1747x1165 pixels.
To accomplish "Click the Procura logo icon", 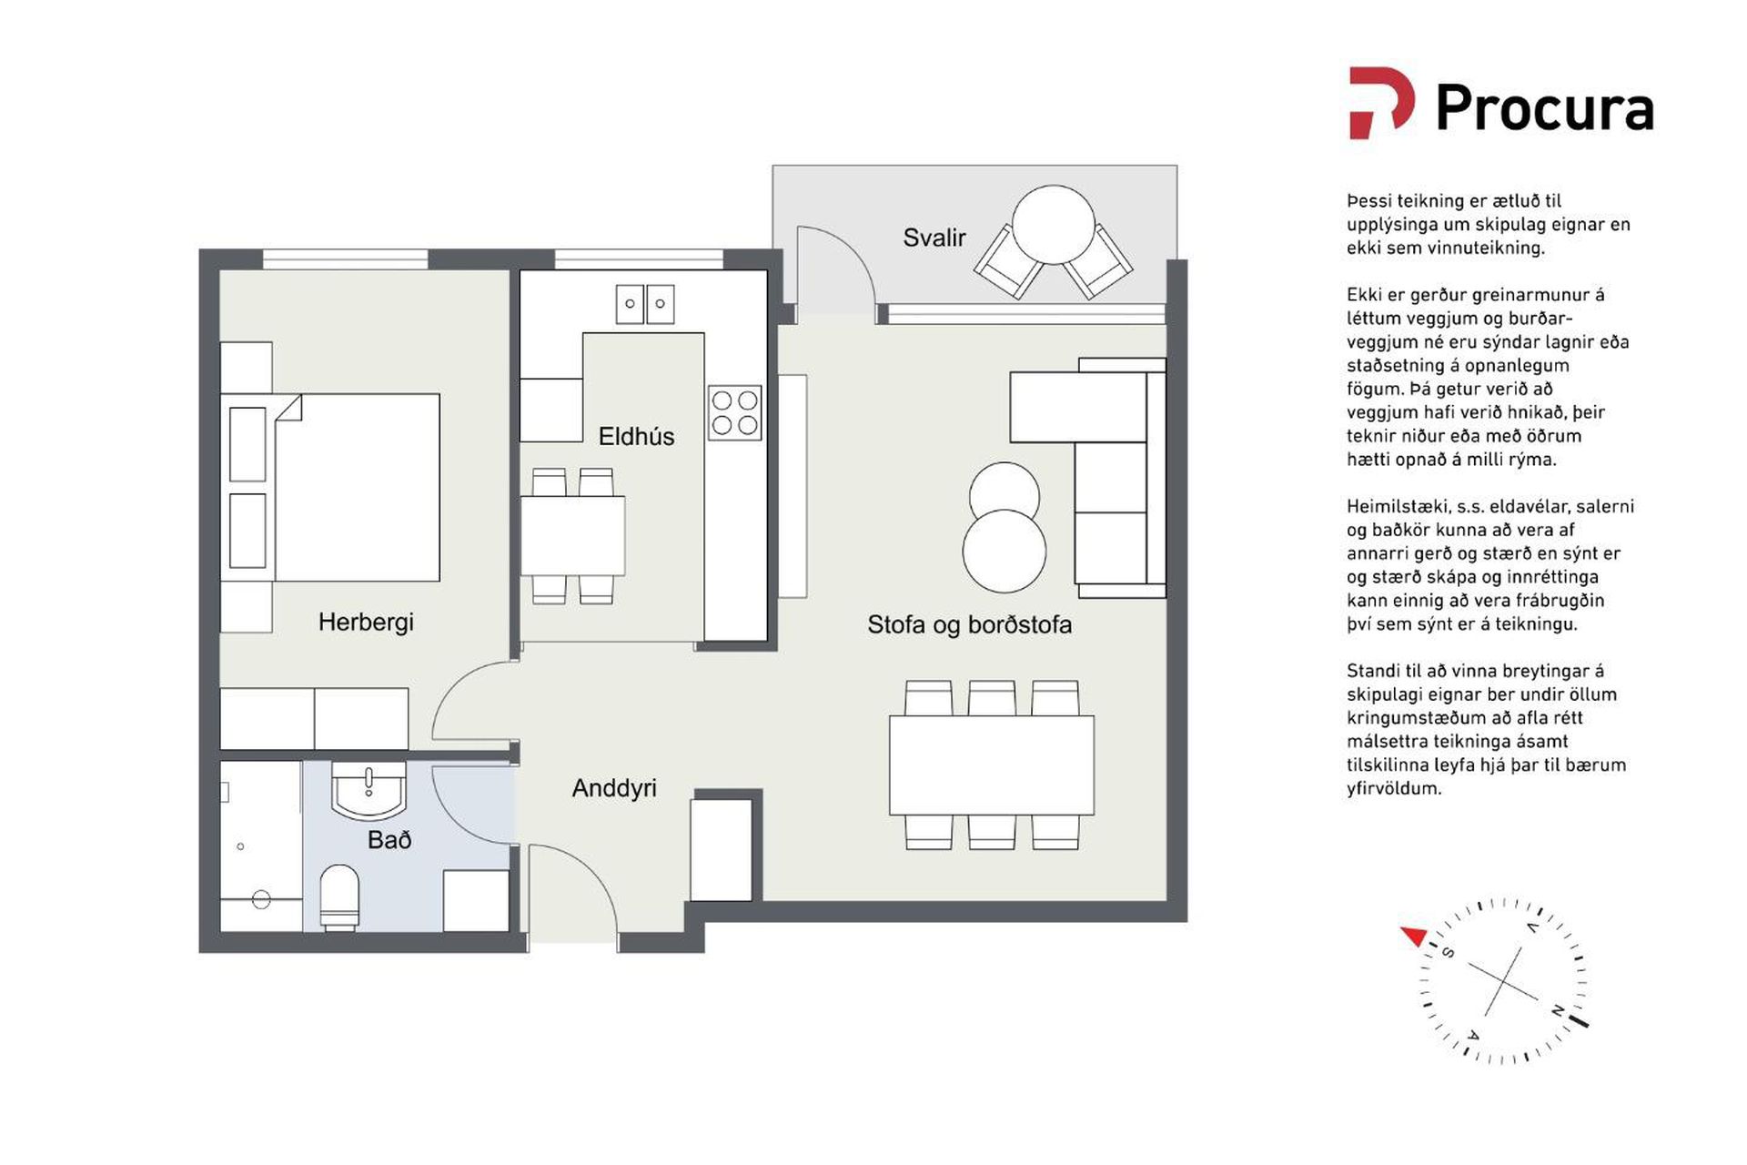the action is click(1381, 102).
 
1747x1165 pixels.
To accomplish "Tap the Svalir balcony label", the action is click(934, 238).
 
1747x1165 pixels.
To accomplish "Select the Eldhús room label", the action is click(636, 437).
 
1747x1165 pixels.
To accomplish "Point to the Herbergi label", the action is click(366, 623).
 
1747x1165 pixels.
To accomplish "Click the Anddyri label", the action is click(614, 788).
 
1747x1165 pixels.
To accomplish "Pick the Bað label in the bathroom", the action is click(389, 839).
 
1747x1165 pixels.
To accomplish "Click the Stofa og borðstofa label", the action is click(969, 625).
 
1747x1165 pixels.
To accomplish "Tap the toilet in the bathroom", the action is click(339, 897).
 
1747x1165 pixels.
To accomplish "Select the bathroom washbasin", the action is click(369, 791).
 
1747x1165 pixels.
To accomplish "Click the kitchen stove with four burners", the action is click(735, 413).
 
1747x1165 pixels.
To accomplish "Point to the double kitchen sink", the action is click(645, 304).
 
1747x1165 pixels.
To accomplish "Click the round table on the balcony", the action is click(1054, 225).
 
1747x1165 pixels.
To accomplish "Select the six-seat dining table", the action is click(992, 765).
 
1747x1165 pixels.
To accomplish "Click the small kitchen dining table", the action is click(572, 535).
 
